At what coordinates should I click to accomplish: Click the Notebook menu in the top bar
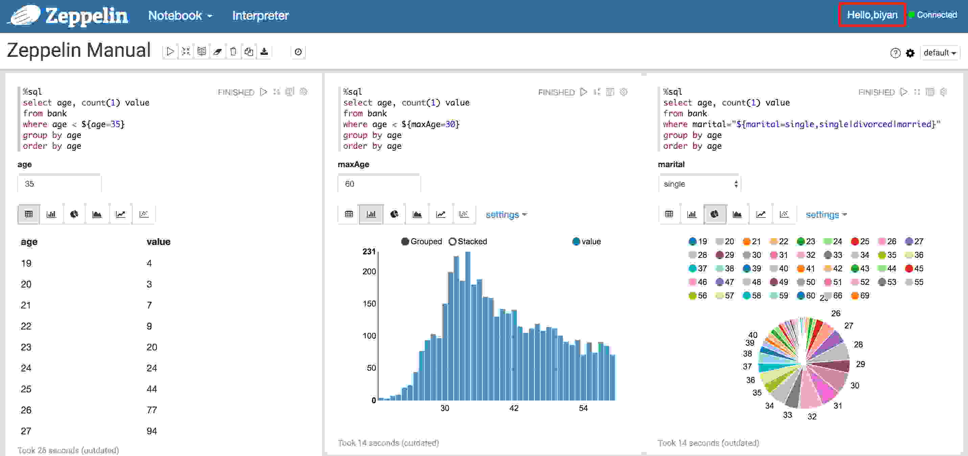click(x=180, y=16)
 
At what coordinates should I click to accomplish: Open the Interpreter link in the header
click(x=260, y=16)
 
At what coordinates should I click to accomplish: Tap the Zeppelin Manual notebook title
click(x=78, y=50)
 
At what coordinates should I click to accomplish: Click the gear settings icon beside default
click(x=910, y=53)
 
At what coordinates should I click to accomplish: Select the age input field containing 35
click(x=59, y=184)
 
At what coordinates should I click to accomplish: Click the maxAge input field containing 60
click(x=378, y=184)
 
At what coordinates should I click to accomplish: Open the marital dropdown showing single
click(x=699, y=184)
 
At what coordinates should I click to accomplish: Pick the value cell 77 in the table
click(x=152, y=410)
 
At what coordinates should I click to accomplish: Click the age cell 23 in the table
click(x=26, y=347)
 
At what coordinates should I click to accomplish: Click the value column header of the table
click(x=158, y=242)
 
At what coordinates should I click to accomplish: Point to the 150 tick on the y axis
click(x=369, y=304)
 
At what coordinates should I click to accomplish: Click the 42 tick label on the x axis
click(x=514, y=408)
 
